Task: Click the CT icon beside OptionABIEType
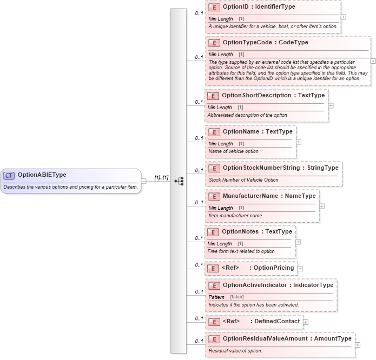click(x=9, y=175)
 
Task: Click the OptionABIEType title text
click(x=42, y=175)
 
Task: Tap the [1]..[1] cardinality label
click(x=161, y=177)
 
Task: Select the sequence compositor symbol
click(x=179, y=181)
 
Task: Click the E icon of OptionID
click(x=214, y=8)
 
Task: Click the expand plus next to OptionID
click(x=344, y=17)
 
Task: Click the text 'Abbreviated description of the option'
click(x=247, y=115)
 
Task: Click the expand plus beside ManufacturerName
click(x=322, y=206)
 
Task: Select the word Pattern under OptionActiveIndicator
click(x=216, y=297)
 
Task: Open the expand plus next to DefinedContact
click(x=306, y=322)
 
